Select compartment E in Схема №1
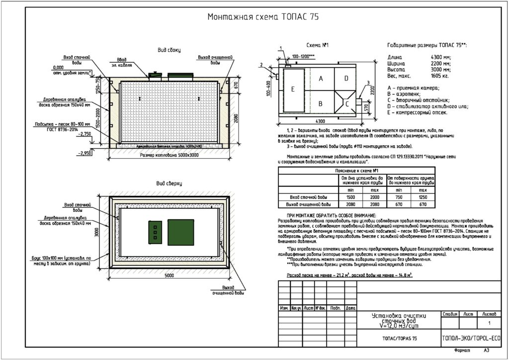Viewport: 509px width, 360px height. coord(293,89)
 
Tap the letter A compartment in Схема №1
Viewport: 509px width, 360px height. coord(321,79)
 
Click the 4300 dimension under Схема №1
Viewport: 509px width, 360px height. coord(320,121)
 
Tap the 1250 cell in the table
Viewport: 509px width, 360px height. coord(423,197)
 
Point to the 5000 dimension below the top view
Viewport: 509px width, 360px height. coord(170,275)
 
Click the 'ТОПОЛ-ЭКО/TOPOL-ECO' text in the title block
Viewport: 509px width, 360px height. coord(471,339)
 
